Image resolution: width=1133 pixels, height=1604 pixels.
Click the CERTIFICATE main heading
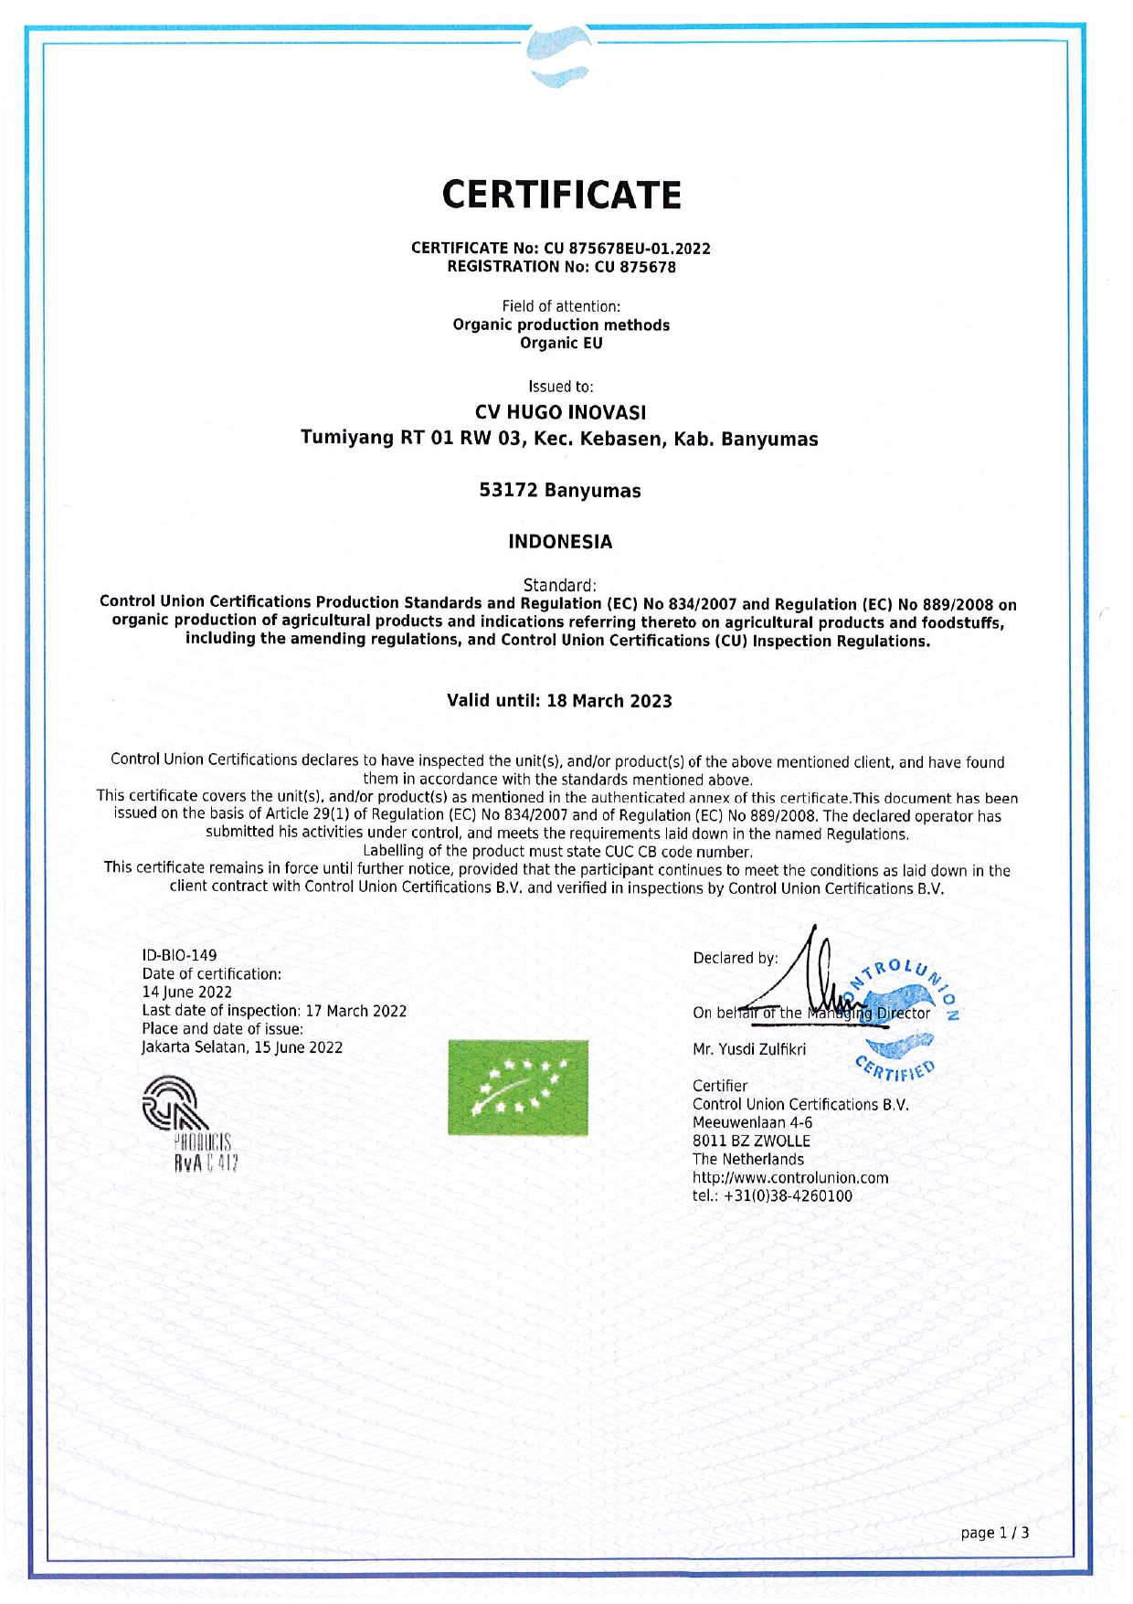click(561, 195)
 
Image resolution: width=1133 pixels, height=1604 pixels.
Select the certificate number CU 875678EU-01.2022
click(640, 248)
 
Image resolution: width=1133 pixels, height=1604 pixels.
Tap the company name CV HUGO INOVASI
click(560, 412)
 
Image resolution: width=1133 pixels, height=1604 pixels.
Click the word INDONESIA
click(560, 542)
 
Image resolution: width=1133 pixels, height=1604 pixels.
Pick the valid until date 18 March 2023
click(609, 701)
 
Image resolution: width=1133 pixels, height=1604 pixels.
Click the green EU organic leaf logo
click(517, 1088)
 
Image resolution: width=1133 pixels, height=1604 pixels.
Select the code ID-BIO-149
click(180, 955)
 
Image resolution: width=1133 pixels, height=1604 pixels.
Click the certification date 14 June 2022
click(186, 992)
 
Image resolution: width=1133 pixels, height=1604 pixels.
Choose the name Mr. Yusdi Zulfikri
click(749, 1049)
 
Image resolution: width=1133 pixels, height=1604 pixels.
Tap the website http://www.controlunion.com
click(789, 1177)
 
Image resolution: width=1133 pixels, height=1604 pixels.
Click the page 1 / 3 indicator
click(994, 1533)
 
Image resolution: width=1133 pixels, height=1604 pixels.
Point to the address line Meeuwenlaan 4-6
click(752, 1122)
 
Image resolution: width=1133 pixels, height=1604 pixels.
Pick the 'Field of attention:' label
click(560, 306)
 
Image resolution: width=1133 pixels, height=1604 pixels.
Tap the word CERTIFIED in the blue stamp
click(896, 1068)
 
